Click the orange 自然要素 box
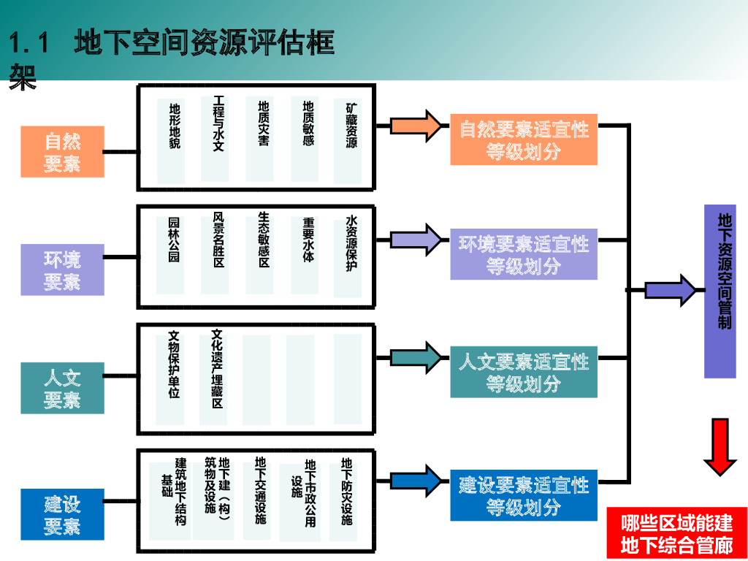pyautogui.click(x=63, y=152)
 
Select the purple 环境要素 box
pyautogui.click(x=63, y=270)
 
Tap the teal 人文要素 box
pyautogui.click(x=63, y=388)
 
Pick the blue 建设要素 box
pyautogui.click(x=63, y=514)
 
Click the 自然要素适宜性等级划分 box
pyautogui.click(x=524, y=140)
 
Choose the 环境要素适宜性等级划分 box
pyautogui.click(x=524, y=254)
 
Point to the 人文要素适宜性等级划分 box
pyautogui.click(x=524, y=372)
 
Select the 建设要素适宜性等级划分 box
pyautogui.click(x=524, y=495)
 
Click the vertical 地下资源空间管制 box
pyautogui.click(x=720, y=291)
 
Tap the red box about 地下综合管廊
pyautogui.click(x=677, y=533)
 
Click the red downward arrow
pyautogui.click(x=720, y=447)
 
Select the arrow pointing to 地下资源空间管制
pyautogui.click(x=671, y=290)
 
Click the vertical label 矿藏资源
pyautogui.click(x=351, y=123)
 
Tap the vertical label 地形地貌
pyautogui.click(x=175, y=126)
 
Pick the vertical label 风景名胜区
pyautogui.click(x=218, y=240)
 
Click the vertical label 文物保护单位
pyautogui.click(x=175, y=364)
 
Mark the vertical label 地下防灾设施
pyautogui.click(x=347, y=491)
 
